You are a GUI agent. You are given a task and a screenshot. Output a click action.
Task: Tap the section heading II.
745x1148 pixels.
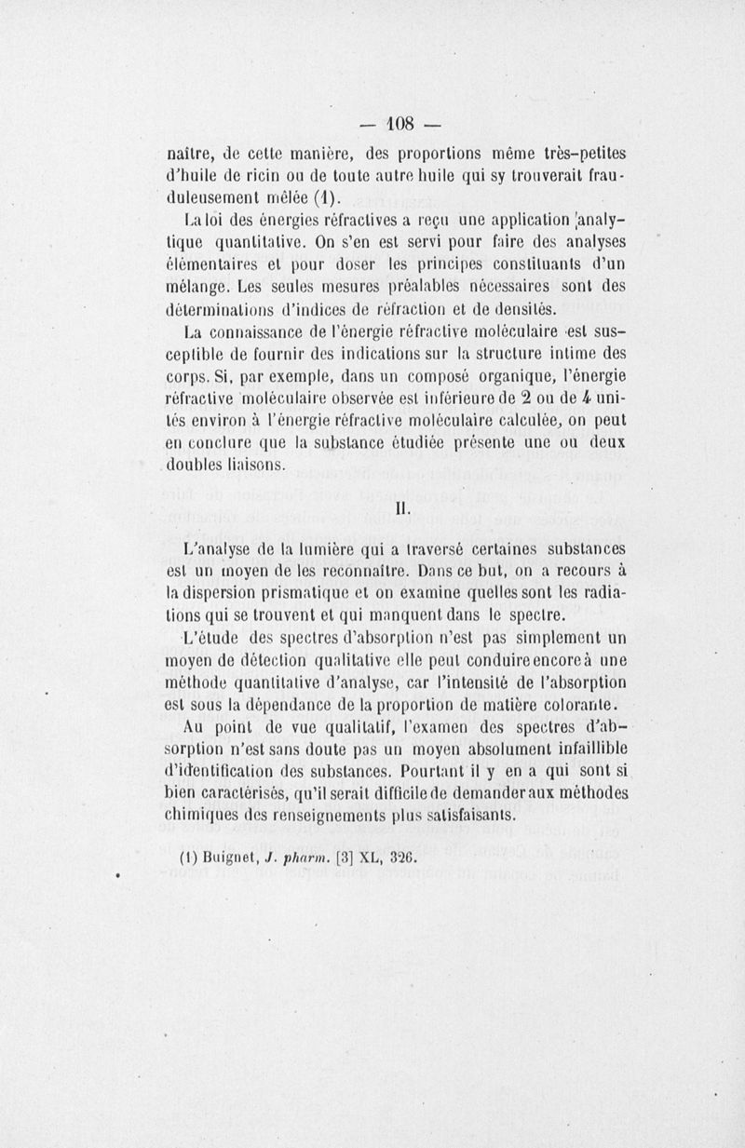[402, 508]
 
